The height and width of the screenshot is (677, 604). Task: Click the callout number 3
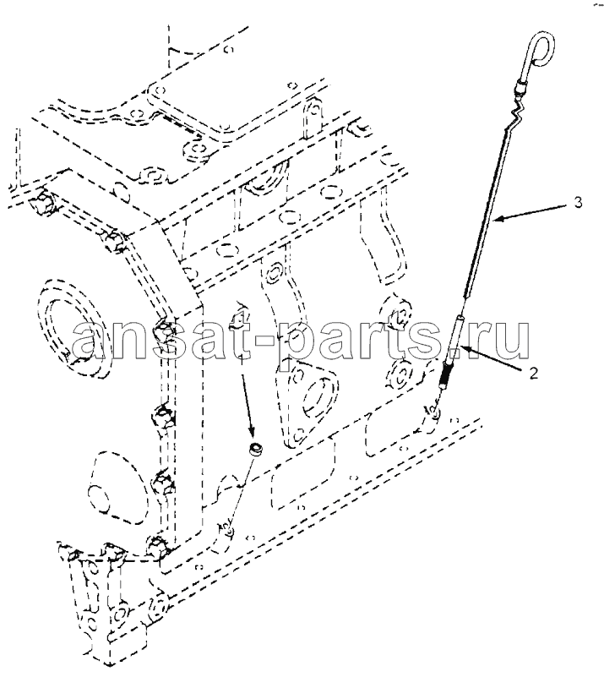pyautogui.click(x=578, y=202)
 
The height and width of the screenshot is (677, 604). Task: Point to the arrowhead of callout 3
pyautogui.click(x=499, y=220)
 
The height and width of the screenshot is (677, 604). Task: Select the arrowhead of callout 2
pyautogui.click(x=465, y=348)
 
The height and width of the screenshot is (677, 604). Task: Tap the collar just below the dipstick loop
pyautogui.click(x=520, y=90)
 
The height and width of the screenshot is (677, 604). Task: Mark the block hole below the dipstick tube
pyautogui.click(x=435, y=413)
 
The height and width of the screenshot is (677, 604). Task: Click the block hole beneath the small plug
pyautogui.click(x=231, y=530)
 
